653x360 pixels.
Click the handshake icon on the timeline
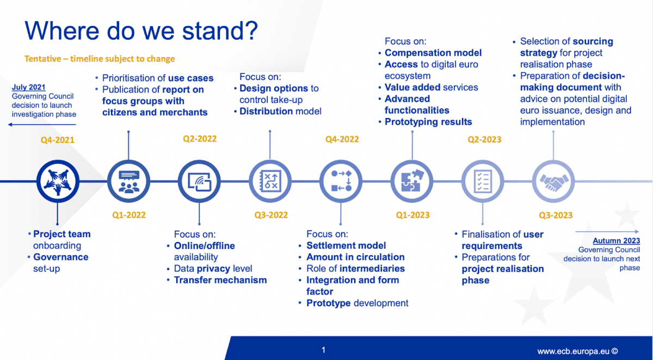point(553,181)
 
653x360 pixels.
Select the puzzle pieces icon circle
point(411,181)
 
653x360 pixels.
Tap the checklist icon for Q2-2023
point(482,181)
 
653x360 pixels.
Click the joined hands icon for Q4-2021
point(57,181)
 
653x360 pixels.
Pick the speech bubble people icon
point(128,181)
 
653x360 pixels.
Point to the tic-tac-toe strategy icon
point(270,181)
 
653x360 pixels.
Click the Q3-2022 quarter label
point(271,215)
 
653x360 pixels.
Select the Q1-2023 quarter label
point(412,215)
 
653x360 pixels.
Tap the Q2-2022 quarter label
point(200,139)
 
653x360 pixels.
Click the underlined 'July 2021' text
point(29,87)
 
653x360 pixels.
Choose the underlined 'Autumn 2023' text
point(616,241)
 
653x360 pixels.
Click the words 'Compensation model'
point(433,53)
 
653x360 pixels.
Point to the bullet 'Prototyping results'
point(428,122)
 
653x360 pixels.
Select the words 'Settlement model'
point(346,245)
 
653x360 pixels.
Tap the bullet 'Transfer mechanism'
point(220,280)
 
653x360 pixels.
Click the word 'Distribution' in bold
point(266,111)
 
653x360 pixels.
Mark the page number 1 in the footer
point(323,350)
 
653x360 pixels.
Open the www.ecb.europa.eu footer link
point(577,351)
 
